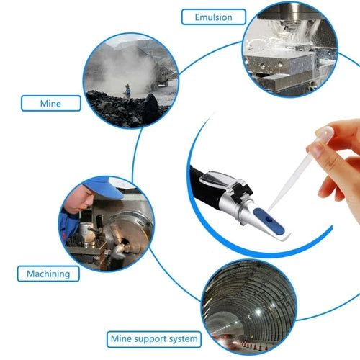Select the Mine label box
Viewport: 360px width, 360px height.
(x=50, y=103)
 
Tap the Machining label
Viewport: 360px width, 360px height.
(x=48, y=273)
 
